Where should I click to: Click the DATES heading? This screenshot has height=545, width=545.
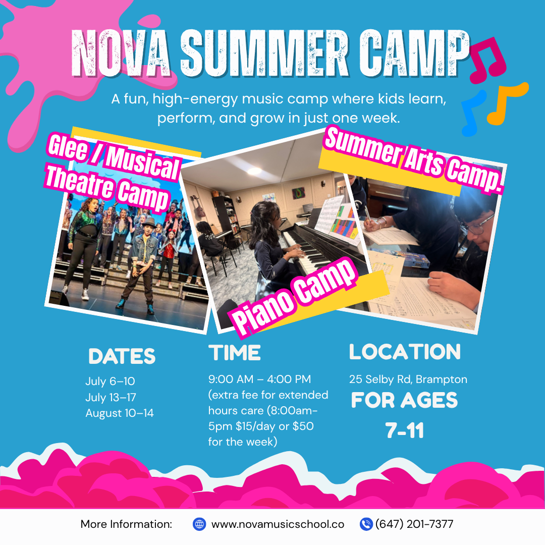point(122,356)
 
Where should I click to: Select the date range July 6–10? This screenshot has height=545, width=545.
point(110,381)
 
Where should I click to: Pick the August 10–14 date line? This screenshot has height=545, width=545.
point(119,413)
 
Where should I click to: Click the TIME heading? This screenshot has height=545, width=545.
point(235,353)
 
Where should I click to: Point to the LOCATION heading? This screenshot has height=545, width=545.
point(405,352)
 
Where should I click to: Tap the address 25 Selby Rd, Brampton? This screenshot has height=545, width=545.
point(408,379)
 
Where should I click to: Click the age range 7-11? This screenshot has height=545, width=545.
point(404,430)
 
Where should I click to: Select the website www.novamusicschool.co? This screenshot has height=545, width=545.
point(278,524)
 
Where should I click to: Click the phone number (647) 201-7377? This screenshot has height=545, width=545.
point(414,524)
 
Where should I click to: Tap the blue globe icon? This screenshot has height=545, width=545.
point(199,524)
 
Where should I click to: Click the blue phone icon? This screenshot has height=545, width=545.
point(366,524)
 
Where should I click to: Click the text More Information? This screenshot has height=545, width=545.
point(126,524)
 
